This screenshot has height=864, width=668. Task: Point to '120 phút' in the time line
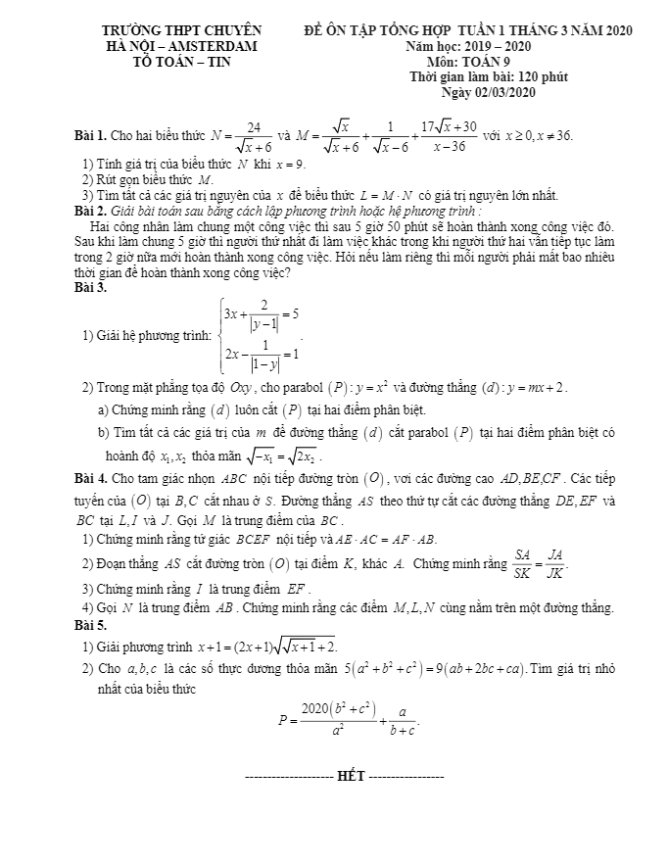click(544, 76)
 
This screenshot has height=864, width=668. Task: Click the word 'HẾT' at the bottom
click(350, 777)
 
